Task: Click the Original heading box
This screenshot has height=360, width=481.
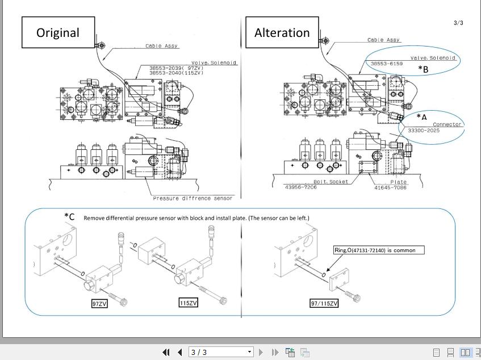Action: coord(58,33)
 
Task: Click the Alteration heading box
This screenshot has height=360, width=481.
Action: coord(282,33)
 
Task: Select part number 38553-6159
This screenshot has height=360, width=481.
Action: coord(387,64)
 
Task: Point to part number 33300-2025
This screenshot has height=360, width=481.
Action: coord(424,131)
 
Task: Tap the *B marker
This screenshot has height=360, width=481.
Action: coord(423,69)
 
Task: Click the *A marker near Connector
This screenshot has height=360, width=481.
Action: coord(421,116)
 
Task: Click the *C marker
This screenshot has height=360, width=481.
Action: coord(69,216)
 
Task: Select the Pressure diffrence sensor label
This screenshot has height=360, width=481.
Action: coord(193,198)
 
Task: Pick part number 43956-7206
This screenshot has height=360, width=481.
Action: coord(300,187)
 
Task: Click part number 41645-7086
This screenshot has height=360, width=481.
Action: coord(390,187)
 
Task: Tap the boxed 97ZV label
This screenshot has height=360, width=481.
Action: coord(99,304)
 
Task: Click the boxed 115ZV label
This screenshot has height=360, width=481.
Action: coord(188,303)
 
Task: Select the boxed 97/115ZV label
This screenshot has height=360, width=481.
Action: coord(324,304)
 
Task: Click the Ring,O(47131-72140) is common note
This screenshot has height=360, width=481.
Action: coord(378,250)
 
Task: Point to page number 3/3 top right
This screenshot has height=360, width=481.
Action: coord(458,23)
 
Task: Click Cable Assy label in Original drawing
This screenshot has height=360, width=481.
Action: coord(162,46)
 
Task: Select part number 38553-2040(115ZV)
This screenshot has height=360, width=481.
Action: coord(176,73)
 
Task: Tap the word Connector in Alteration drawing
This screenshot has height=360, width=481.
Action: coord(447,124)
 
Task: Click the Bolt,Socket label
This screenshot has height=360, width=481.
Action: coord(331,182)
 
